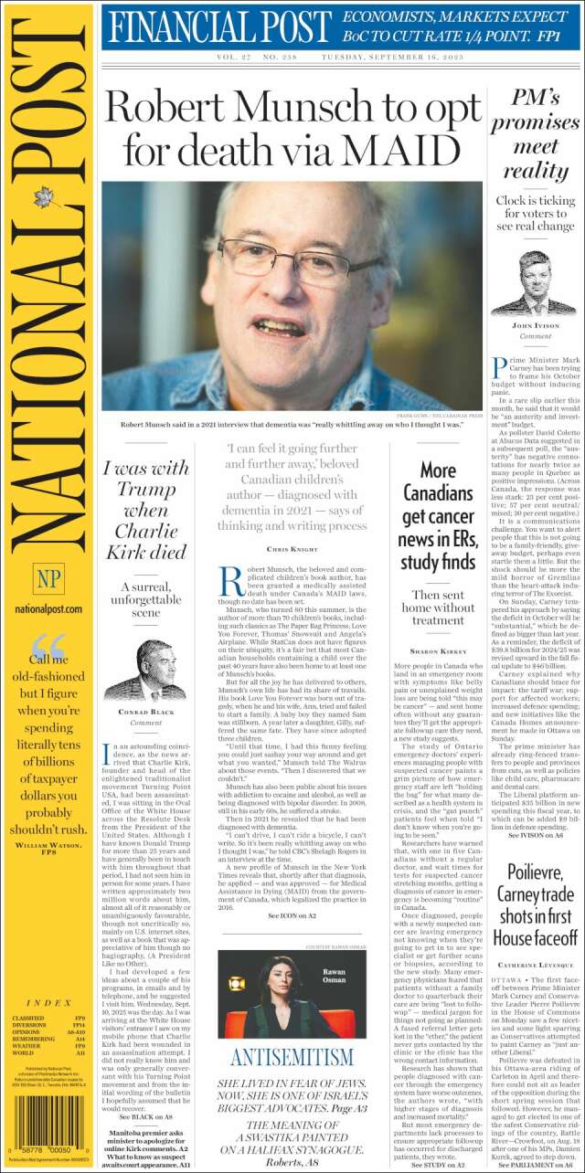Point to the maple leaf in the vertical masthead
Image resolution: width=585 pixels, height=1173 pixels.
pos(42,200)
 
